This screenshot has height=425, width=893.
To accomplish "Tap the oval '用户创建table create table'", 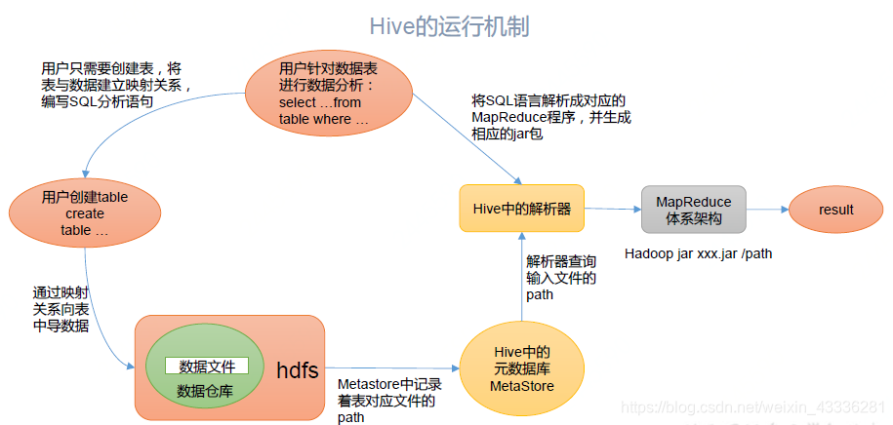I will [85, 213].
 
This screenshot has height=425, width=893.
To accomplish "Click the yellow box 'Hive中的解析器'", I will [521, 208].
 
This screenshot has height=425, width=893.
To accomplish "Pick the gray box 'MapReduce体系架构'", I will [694, 210].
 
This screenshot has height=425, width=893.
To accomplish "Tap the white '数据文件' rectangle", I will [206, 366].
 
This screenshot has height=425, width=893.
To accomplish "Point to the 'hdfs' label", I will [297, 369].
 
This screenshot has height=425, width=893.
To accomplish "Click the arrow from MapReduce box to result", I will [767, 209].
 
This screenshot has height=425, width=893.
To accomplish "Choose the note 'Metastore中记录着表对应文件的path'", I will [386, 401].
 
